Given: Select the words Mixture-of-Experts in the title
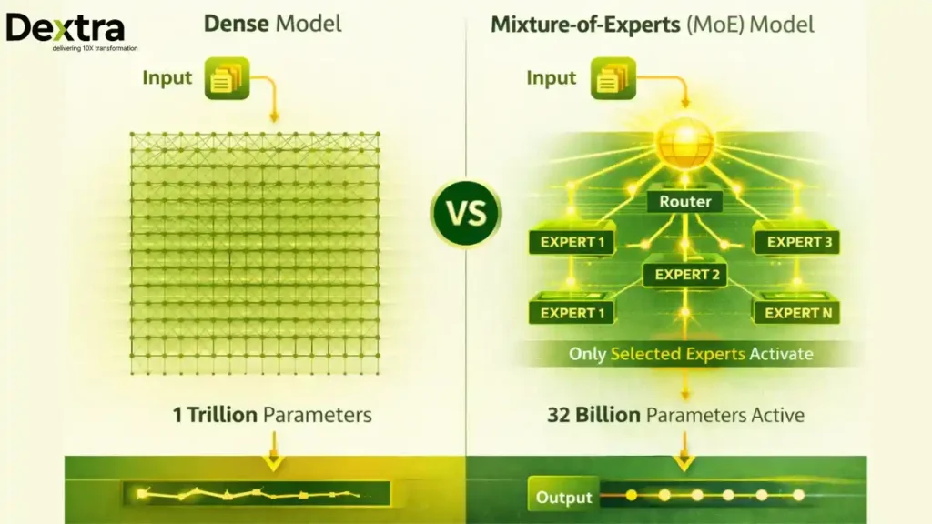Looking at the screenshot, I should coord(582,24).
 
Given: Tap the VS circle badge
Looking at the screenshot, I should coord(465,213).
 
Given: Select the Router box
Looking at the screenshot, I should coord(684,201).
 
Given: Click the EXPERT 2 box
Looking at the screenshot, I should coord(685,274).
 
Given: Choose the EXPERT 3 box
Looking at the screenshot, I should coord(797,242).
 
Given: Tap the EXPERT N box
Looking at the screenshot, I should coord(797,313).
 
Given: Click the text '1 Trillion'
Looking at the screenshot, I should coord(215,415).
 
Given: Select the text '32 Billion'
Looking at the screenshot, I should coord(593,415).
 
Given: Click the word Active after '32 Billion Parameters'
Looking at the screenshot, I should coord(772,415).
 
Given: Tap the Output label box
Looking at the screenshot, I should coord(563,497).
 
